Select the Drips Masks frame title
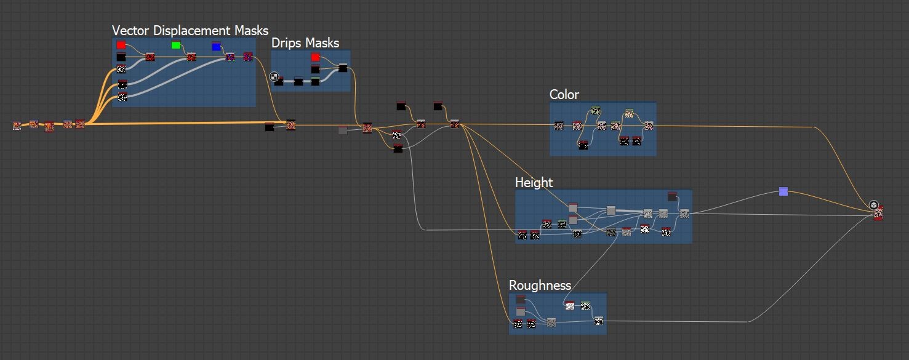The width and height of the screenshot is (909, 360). [x=305, y=43]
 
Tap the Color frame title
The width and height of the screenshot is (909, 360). [x=564, y=95]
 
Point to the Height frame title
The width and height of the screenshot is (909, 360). [x=534, y=183]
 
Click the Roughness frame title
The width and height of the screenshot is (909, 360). [x=540, y=286]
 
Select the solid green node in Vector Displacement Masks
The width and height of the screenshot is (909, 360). [x=176, y=45]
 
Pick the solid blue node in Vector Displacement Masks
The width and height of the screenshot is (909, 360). [x=216, y=47]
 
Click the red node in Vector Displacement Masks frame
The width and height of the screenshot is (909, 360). [x=121, y=45]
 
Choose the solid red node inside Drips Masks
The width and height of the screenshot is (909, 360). [x=315, y=57]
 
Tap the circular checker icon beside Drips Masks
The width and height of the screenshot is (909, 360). [x=274, y=76]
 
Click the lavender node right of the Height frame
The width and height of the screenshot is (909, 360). [x=783, y=192]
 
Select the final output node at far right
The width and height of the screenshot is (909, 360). [x=878, y=214]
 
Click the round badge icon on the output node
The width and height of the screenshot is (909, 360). [x=873, y=205]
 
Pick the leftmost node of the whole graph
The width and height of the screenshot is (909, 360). [x=17, y=126]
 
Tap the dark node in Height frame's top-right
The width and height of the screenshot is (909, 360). [x=672, y=197]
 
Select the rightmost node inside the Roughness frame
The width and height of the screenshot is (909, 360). [x=599, y=321]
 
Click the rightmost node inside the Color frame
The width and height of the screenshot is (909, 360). [x=648, y=126]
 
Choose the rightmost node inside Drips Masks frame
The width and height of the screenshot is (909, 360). [x=343, y=68]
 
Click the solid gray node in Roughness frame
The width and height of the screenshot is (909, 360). [x=521, y=312]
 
